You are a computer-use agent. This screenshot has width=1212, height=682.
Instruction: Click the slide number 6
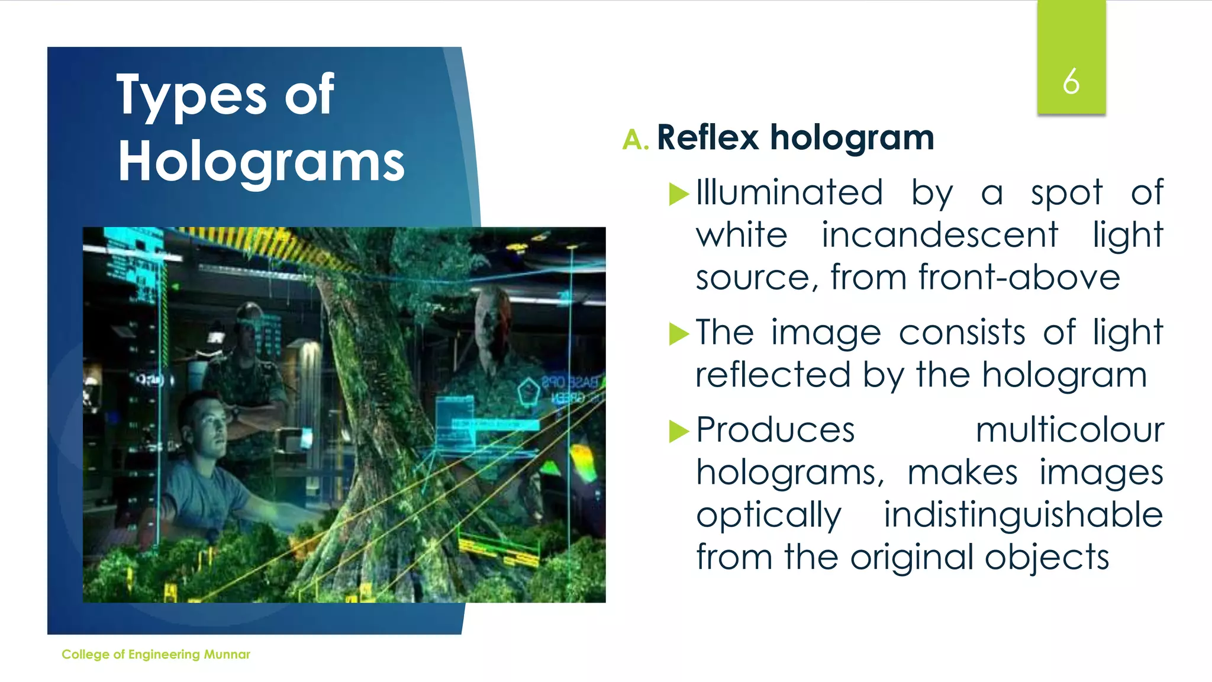pyautogui.click(x=1071, y=81)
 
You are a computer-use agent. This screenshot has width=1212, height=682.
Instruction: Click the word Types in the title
pyautogui.click(x=192, y=96)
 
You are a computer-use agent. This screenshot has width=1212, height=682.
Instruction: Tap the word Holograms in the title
pyautogui.click(x=261, y=162)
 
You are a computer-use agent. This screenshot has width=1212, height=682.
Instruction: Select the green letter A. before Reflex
pyautogui.click(x=636, y=140)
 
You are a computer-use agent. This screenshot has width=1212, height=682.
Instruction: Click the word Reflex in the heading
pyautogui.click(x=707, y=138)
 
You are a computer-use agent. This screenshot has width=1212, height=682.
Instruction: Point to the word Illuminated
pyautogui.click(x=789, y=192)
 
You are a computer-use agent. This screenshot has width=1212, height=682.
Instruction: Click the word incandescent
pyautogui.click(x=939, y=235)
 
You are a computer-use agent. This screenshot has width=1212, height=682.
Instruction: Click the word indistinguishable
pyautogui.click(x=1023, y=514)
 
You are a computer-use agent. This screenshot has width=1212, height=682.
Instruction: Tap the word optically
pyautogui.click(x=768, y=516)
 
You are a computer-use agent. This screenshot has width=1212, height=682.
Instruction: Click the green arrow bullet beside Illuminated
pyautogui.click(x=679, y=194)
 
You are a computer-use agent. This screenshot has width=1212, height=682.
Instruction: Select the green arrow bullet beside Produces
pyautogui.click(x=679, y=431)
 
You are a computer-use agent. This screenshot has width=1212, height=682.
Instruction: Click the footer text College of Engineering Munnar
pyautogui.click(x=156, y=654)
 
